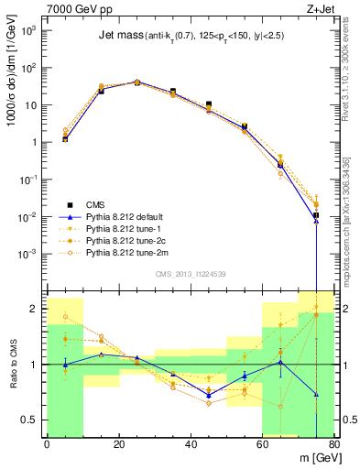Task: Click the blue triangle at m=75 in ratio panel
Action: [316, 395]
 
